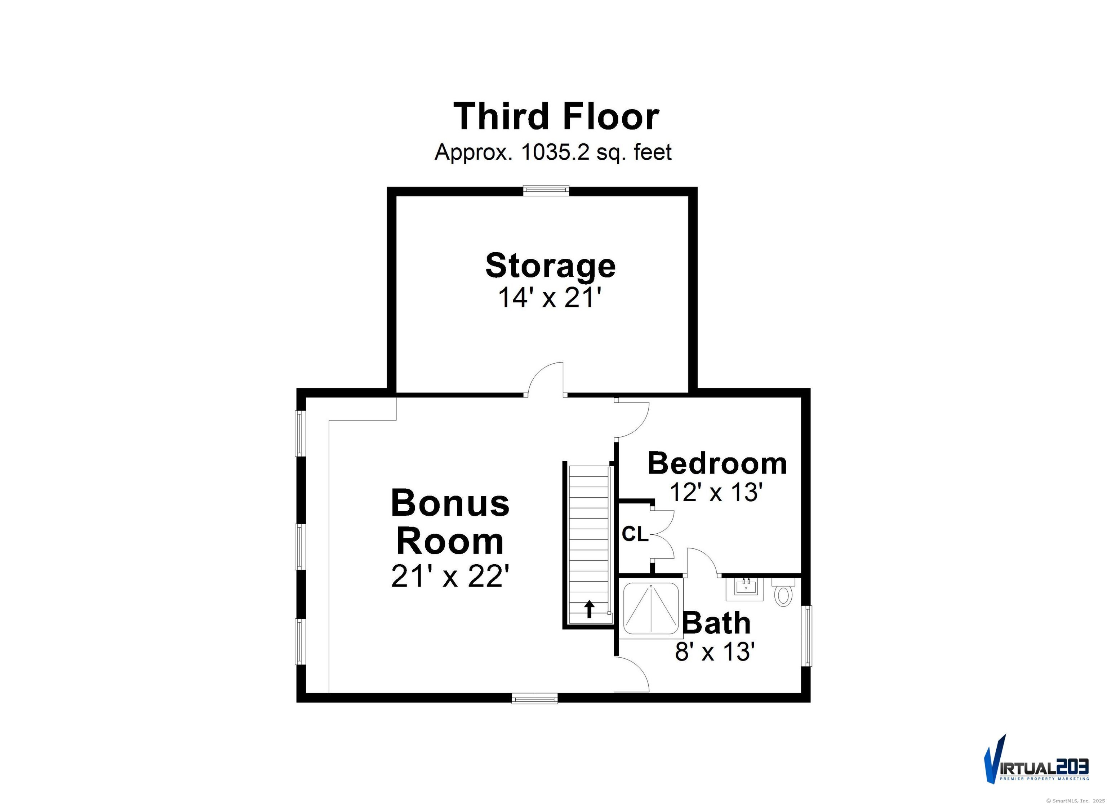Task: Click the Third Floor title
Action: coord(556,117)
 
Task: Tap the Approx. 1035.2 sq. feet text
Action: coord(553,152)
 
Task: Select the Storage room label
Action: coord(550,266)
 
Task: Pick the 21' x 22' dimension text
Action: coord(450,577)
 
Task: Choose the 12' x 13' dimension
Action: coord(716,492)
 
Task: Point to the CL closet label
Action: coord(635,535)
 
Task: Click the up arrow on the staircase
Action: coord(590,609)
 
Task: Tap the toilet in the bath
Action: coord(783,593)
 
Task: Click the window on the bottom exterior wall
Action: coord(534,699)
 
